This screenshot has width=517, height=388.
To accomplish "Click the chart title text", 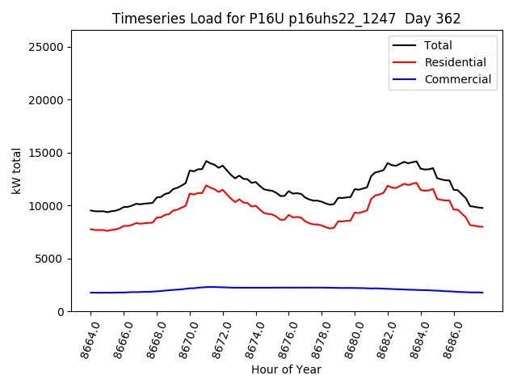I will tap(286, 19).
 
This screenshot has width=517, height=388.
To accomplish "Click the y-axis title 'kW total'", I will tap(17, 171).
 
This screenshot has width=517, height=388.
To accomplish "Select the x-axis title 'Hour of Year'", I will tap(286, 369).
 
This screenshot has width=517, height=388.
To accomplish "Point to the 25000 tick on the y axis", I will tap(47, 47).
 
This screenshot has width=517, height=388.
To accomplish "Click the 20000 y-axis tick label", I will tap(47, 100).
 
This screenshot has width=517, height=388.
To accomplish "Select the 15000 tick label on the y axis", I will tap(47, 153).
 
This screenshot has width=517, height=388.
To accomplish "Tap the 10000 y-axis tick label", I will tap(47, 206).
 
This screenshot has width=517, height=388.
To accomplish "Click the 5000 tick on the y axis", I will tap(50, 259).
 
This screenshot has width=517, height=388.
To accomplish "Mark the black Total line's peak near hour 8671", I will tap(206, 161).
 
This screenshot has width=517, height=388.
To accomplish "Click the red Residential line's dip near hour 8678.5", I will tap(330, 229).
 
